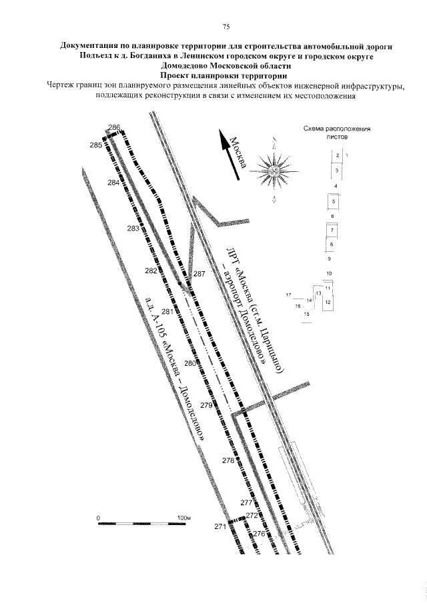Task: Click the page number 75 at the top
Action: (226, 27)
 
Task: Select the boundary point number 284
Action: (113, 183)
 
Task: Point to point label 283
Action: (133, 229)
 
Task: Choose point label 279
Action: (206, 405)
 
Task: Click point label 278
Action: (228, 460)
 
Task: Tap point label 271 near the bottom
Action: (221, 526)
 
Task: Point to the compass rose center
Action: (275, 171)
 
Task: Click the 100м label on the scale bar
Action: (184, 518)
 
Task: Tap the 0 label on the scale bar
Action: (98, 518)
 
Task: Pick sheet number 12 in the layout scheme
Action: (328, 302)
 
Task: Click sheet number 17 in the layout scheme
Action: (288, 294)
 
